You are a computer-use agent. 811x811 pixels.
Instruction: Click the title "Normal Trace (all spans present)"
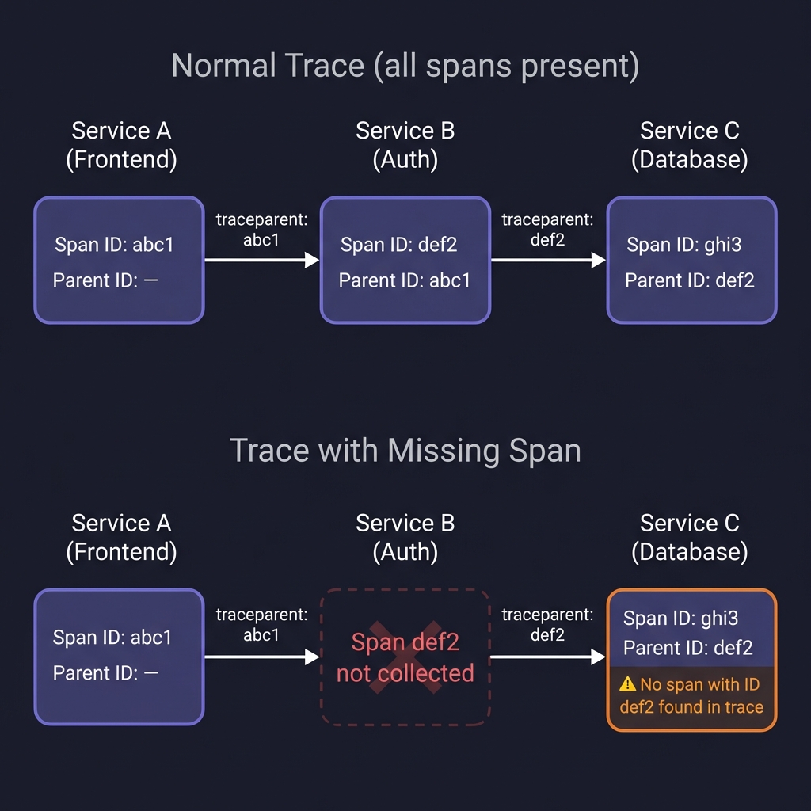pos(405,67)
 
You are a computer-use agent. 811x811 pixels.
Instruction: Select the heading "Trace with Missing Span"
pos(405,451)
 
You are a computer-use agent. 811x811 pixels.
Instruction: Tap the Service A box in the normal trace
pos(119,261)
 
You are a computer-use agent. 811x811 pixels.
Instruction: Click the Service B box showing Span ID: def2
pos(405,261)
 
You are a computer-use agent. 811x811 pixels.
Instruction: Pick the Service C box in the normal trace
pos(691,261)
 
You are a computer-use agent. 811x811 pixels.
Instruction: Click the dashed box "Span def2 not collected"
pos(405,657)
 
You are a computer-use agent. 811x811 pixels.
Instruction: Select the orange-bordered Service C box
pos(691,659)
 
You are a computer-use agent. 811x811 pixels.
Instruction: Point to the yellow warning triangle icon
pos(628,684)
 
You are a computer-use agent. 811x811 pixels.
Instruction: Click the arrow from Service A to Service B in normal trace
pos(261,260)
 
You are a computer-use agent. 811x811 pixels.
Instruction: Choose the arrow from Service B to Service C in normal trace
pos(548,260)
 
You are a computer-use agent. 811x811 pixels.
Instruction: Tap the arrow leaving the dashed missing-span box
pos(548,657)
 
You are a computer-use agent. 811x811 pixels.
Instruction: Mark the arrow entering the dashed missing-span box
pos(261,657)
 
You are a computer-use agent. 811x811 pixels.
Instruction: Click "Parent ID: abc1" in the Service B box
pos(405,280)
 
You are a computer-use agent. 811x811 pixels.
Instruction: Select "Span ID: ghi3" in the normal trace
pos(684,245)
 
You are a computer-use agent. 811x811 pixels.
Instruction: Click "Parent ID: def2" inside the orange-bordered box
pos(687,648)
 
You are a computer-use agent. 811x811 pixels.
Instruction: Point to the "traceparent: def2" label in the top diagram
pos(547,230)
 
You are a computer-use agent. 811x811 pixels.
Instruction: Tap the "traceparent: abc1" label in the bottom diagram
pos(261,624)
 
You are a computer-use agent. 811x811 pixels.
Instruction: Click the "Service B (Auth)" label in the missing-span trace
pos(405,537)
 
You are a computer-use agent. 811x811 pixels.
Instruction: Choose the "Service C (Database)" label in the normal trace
pos(689,145)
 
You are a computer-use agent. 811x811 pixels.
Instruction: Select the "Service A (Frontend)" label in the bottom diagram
pos(121,537)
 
